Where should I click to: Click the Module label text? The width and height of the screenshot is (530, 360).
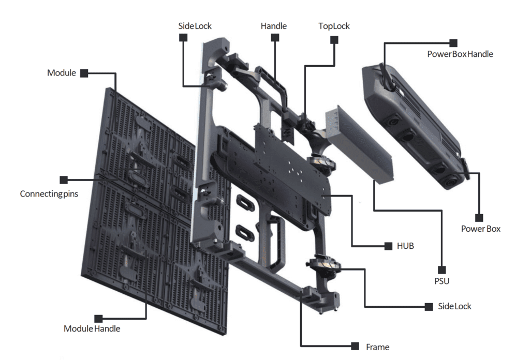pos(61,73)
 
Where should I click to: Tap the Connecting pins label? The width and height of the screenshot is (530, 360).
pos(49,194)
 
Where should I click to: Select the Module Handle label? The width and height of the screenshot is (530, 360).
pos(92,328)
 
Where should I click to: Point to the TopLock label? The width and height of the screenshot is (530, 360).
pos(334,26)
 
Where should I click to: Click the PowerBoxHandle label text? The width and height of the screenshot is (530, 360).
pos(460,54)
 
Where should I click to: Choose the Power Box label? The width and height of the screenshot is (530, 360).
pos(480,229)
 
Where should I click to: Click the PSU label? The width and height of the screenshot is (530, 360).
pos(441,281)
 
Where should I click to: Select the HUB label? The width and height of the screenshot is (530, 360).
pos(405,246)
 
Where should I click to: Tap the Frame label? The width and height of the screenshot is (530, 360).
pos(377,347)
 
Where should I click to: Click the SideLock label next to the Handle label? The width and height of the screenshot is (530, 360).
pos(195,26)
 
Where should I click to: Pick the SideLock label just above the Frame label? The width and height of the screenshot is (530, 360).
pos(454,306)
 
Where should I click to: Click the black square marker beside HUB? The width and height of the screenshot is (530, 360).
pos(388,246)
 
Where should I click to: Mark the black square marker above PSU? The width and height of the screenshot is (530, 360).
pos(441,269)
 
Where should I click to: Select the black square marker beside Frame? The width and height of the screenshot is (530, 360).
pos(355,346)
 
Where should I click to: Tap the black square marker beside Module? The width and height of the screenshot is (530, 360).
pos(84,73)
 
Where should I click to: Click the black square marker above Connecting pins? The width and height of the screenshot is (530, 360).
pos(64,180)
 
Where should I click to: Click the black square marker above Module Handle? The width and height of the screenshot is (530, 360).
pos(98,317)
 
